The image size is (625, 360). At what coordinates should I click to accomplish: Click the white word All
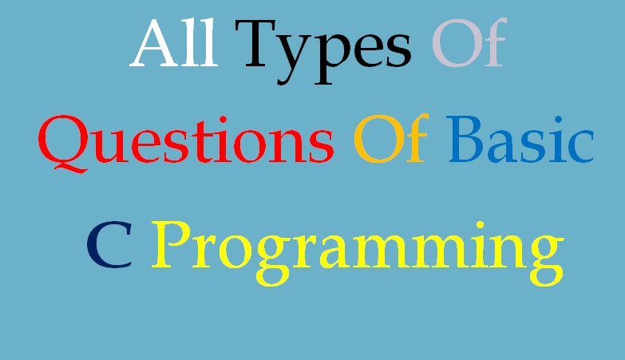coord(173,44)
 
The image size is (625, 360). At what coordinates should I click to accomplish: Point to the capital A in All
coord(153,44)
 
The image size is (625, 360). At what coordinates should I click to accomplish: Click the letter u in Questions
coord(114,146)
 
